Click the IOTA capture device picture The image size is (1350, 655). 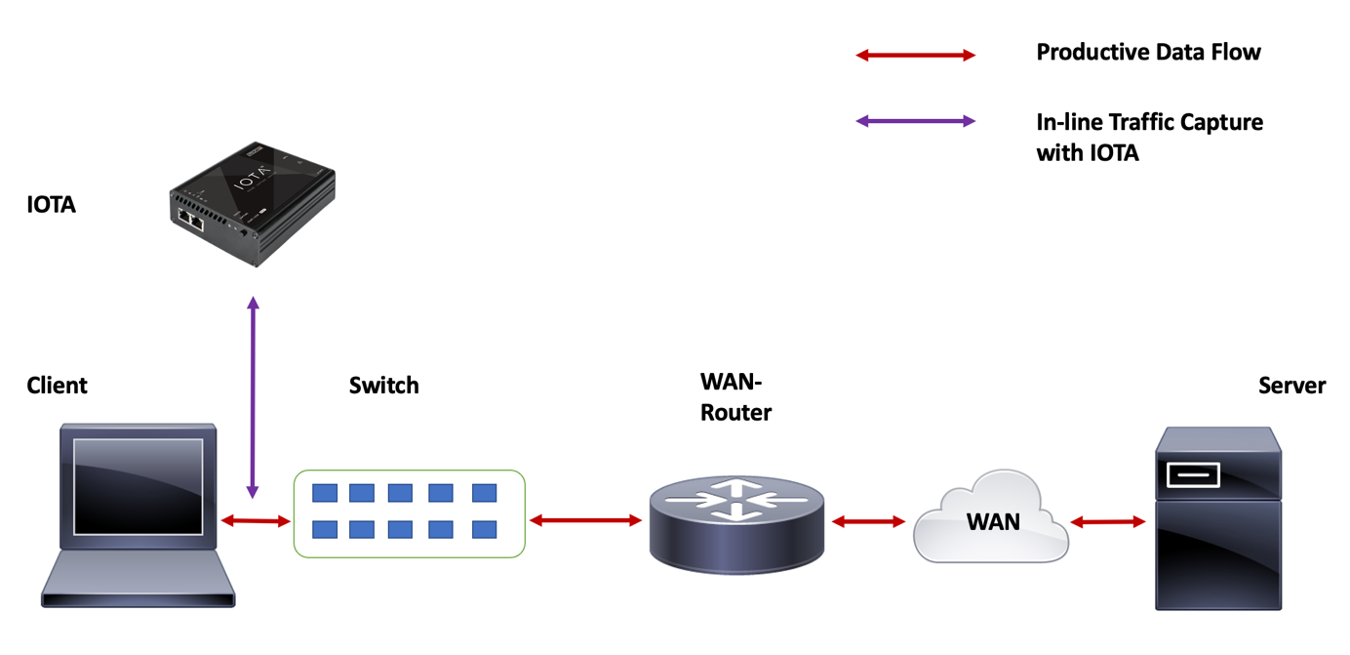252,202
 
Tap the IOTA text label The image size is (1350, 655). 52,205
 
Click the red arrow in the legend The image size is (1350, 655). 915,56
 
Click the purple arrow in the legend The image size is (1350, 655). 915,122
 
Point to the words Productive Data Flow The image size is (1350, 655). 1148,53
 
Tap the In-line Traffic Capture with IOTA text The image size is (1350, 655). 1148,138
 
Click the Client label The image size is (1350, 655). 57,386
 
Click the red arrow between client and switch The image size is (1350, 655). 256,521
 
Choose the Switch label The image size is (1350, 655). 383,386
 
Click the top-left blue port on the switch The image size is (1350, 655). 325,493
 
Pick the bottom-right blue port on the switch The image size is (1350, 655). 484,530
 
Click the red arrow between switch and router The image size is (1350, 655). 585,521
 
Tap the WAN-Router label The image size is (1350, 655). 735,397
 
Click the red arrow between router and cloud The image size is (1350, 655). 868,522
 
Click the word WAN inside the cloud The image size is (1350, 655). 993,522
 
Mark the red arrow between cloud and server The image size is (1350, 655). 1108,522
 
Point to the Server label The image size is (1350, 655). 1291,386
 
